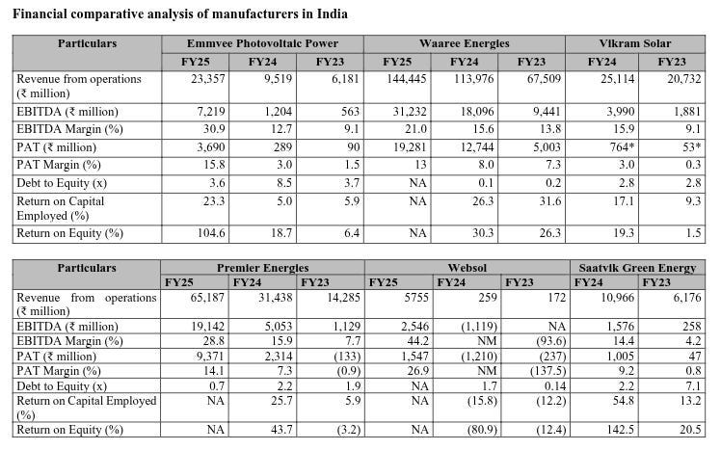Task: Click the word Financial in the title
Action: click(40, 14)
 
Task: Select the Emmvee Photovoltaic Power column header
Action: click(276, 44)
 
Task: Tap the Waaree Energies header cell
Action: click(465, 44)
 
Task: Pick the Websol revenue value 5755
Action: click(396, 299)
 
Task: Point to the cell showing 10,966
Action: click(604, 299)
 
